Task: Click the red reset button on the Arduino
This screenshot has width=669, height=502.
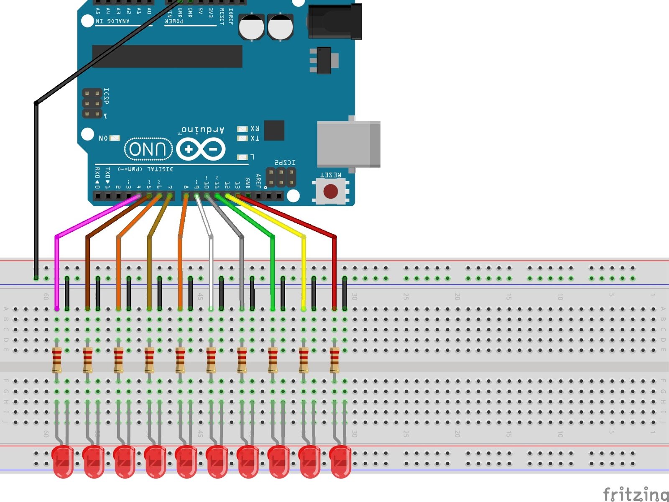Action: (330, 191)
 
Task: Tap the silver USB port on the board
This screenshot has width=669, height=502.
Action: (348, 144)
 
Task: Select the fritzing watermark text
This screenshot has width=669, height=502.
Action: (636, 494)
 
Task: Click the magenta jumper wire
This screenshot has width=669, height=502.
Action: (57, 272)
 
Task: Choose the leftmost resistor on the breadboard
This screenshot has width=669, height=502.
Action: (57, 360)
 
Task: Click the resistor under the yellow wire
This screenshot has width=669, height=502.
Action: (304, 360)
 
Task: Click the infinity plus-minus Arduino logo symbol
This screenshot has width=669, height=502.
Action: (201, 149)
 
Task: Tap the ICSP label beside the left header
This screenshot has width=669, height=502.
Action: (106, 96)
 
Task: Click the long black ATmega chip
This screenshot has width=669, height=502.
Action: (167, 56)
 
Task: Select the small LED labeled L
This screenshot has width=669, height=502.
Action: (242, 157)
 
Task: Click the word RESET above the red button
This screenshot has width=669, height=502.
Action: (330, 175)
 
